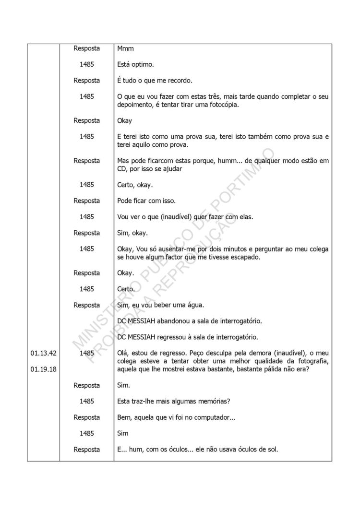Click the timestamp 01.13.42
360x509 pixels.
pos(43,353)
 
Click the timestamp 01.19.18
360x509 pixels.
pos(43,369)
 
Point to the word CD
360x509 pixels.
pos(123,168)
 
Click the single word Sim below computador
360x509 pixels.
pos(123,433)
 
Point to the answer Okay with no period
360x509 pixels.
pos(124,120)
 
